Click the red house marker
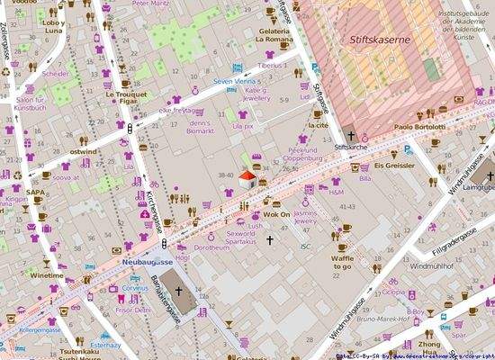(246, 180)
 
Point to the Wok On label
(275, 215)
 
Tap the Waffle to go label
(342, 262)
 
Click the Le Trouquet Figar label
(123, 99)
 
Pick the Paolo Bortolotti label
(418, 128)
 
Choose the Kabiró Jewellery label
(256, 95)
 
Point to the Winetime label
(47, 274)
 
